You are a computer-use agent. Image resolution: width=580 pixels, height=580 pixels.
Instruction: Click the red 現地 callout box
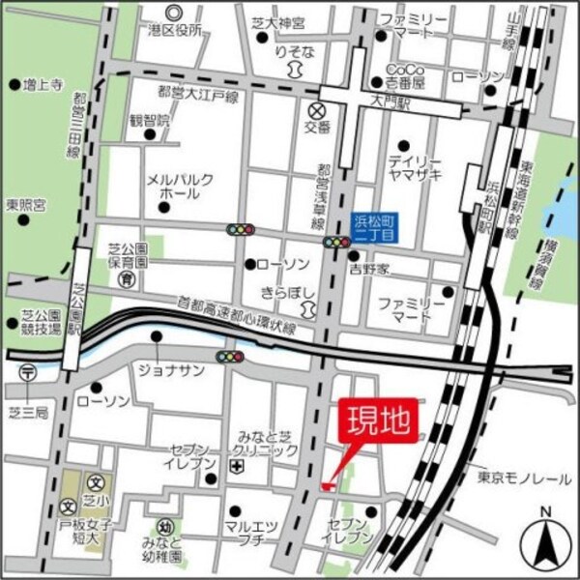point(377,421)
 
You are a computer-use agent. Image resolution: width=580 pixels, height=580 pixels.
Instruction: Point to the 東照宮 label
point(26,205)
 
